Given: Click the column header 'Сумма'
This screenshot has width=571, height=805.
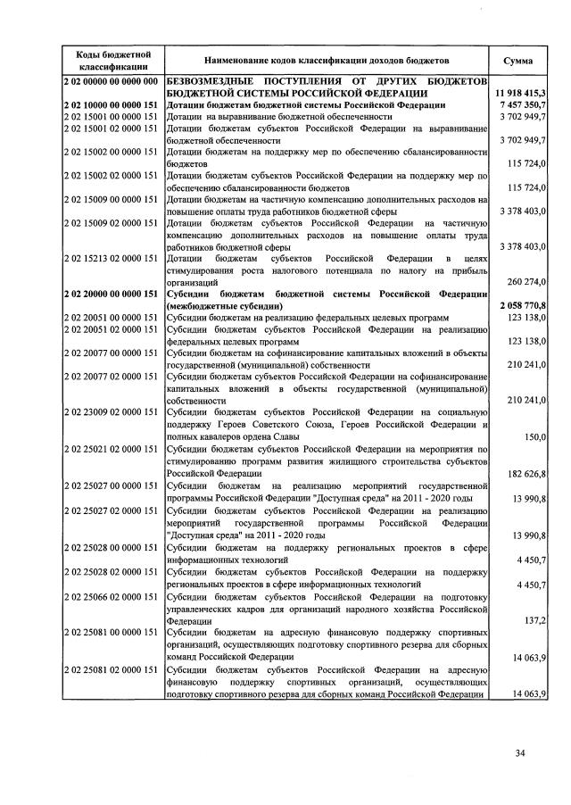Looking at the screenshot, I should pyautogui.click(x=518, y=60).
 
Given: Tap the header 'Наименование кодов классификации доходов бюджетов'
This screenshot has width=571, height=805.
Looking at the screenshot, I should pyautogui.click(x=327, y=60).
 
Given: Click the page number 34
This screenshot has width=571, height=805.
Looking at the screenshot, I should pyautogui.click(x=519, y=754).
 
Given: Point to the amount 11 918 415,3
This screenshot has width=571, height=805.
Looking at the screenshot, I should pyautogui.click(x=519, y=93).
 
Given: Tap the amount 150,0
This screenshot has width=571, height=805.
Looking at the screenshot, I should pyautogui.click(x=535, y=436).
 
